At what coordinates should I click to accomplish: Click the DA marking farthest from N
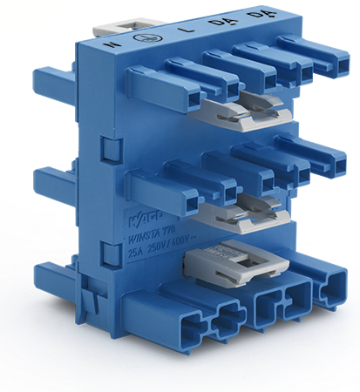256,15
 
